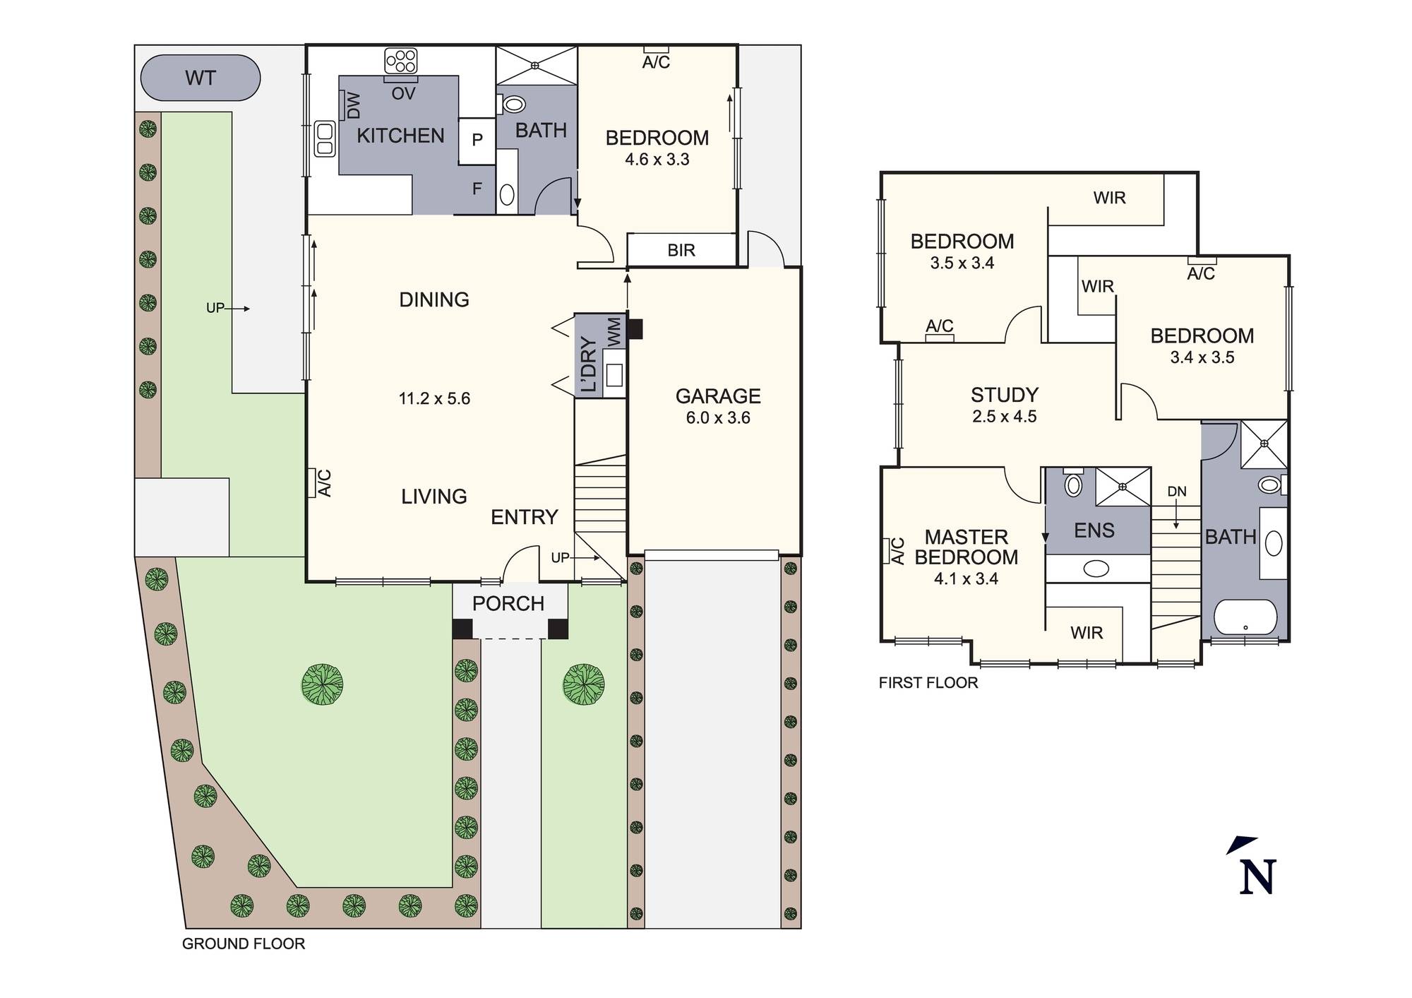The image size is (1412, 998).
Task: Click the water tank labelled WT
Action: click(x=201, y=78)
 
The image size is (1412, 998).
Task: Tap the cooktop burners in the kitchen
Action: click(x=401, y=60)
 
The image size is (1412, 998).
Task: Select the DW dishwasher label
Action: click(x=353, y=106)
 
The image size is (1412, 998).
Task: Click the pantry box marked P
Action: click(x=477, y=140)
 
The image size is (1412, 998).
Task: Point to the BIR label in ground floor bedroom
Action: click(x=681, y=250)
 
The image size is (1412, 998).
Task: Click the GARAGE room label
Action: click(x=718, y=396)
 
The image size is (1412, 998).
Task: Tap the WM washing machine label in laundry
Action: click(x=614, y=331)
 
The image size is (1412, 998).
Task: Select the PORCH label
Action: click(x=508, y=603)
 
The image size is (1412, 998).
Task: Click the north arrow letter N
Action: click(x=1257, y=877)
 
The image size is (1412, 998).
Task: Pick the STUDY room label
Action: click(x=1004, y=394)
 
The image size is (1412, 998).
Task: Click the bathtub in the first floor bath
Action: click(x=1245, y=617)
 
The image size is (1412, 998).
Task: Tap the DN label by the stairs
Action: click(x=1177, y=492)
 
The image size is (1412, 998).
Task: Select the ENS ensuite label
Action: click(x=1094, y=530)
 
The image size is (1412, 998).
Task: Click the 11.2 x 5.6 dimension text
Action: click(x=434, y=398)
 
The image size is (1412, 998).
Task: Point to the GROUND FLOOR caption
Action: click(x=244, y=944)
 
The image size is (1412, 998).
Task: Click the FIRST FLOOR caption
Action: click(x=928, y=683)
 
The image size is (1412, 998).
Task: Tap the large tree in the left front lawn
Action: click(x=323, y=684)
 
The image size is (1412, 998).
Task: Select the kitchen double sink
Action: click(x=324, y=138)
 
